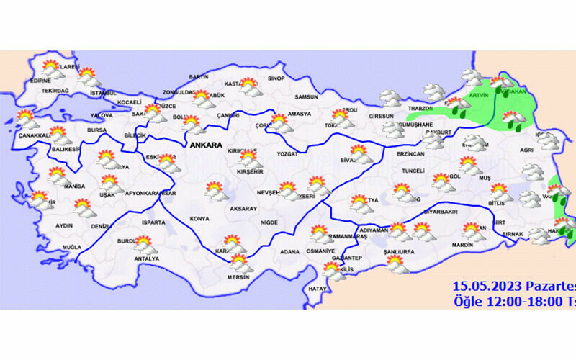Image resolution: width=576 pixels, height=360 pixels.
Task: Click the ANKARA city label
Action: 208,145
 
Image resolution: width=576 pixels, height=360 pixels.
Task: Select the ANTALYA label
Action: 147,258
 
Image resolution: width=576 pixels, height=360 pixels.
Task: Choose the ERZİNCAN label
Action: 410,154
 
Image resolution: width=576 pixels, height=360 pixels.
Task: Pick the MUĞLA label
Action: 71,247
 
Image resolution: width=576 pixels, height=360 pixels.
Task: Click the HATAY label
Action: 317,289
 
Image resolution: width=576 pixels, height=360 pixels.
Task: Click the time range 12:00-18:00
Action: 523,300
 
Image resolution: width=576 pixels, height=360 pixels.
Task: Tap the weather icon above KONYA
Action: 215,191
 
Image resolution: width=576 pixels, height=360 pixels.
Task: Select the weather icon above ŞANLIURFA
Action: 395,266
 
